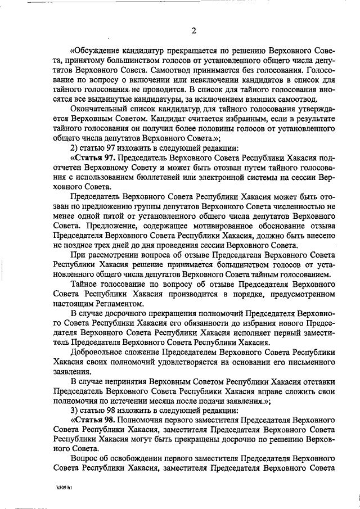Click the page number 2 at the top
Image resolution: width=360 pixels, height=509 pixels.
click(193, 30)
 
